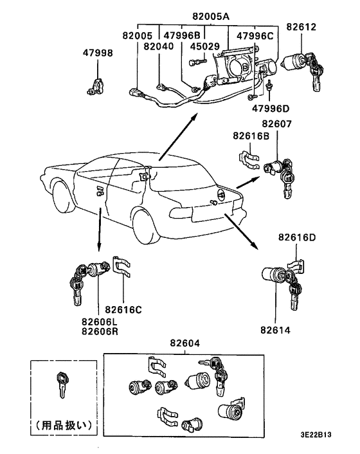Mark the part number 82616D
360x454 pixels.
pos(297,237)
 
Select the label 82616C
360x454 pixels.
pos(123,309)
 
